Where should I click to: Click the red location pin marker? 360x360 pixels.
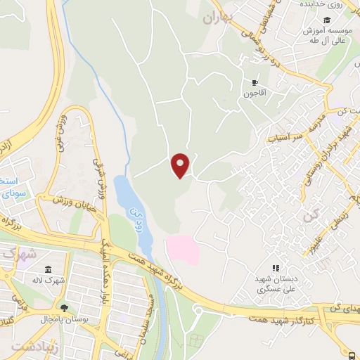pyautogui.click(x=181, y=165)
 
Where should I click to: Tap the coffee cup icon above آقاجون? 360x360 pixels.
pyautogui.click(x=255, y=82)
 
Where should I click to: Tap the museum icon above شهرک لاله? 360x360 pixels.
pyautogui.click(x=48, y=271)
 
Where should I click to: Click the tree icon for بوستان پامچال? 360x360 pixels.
pyautogui.click(x=65, y=307)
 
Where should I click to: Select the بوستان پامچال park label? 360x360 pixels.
pyautogui.click(x=93, y=309)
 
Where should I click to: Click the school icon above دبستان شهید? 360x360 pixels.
pyautogui.click(x=276, y=268)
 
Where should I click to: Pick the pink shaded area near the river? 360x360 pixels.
pyautogui.click(x=182, y=250)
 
